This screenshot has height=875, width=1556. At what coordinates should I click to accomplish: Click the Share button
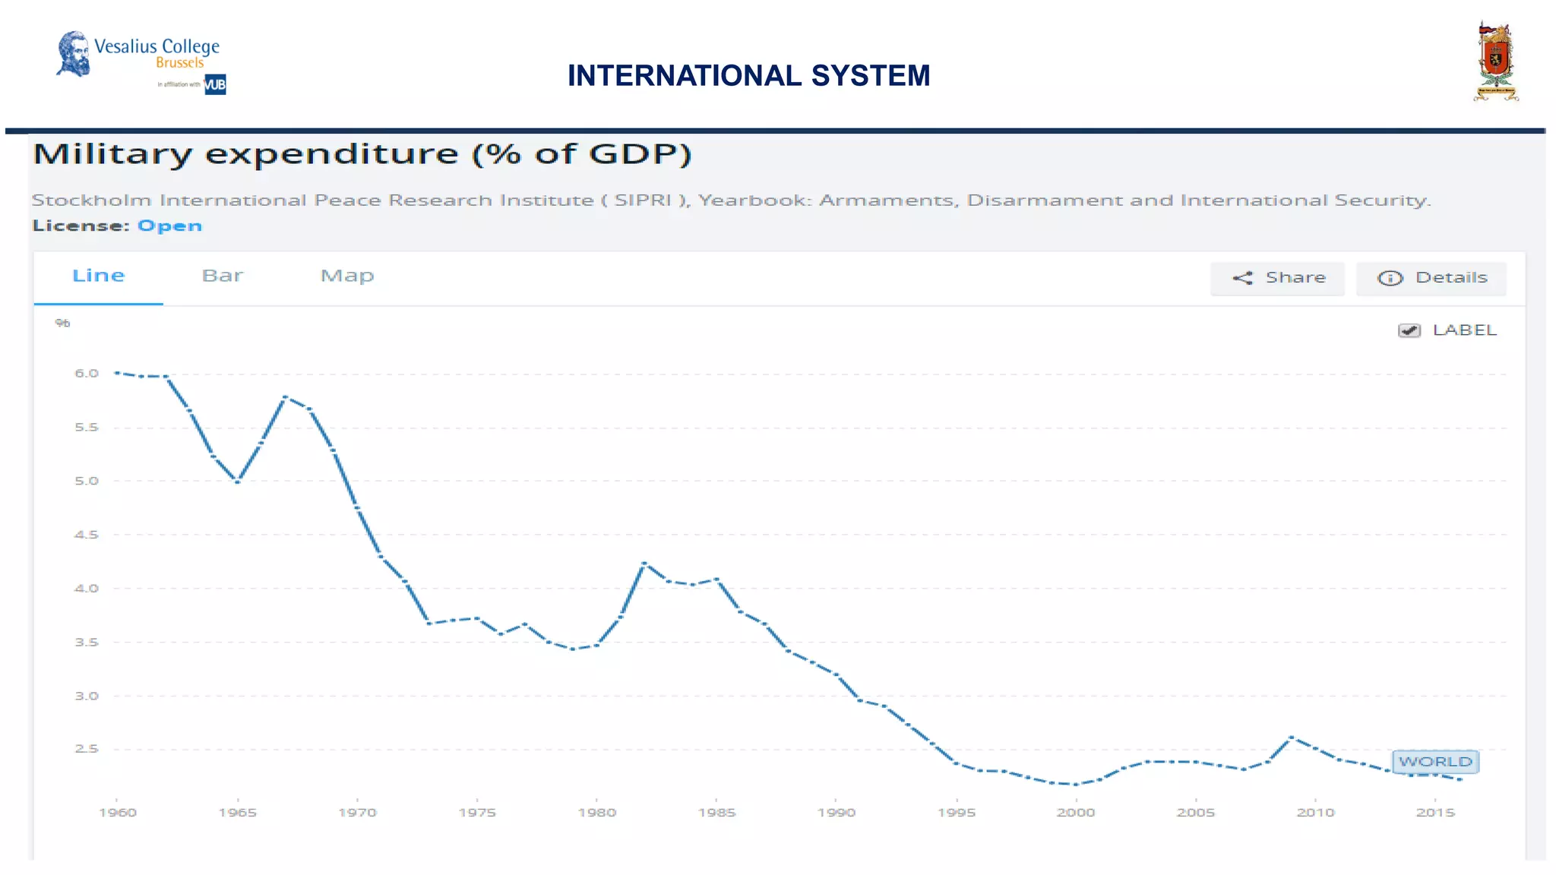click(x=1278, y=278)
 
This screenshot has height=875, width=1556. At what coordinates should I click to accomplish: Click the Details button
click(x=1431, y=278)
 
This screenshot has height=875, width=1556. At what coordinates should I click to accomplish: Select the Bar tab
click(x=222, y=276)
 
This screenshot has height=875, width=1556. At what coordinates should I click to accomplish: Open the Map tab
click(x=347, y=276)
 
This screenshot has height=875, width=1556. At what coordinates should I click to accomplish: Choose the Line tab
click(x=98, y=276)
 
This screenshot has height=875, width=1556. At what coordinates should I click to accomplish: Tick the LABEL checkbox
click(x=1409, y=330)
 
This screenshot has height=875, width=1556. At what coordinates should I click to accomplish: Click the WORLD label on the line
click(x=1435, y=761)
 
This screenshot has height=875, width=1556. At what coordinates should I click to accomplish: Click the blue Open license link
click(x=169, y=226)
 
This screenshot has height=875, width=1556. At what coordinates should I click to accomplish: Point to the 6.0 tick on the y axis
click(x=87, y=373)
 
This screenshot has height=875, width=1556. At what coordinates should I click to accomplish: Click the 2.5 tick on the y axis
click(x=87, y=749)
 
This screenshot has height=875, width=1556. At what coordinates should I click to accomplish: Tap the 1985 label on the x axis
click(x=716, y=813)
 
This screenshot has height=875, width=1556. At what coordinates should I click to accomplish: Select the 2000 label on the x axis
click(x=1076, y=813)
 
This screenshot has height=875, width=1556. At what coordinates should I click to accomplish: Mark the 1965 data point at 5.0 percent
click(x=238, y=482)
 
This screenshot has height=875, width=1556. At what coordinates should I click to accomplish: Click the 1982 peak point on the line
click(x=644, y=563)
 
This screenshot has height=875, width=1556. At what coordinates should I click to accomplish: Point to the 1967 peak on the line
click(x=285, y=397)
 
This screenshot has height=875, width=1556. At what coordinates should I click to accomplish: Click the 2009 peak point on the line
click(x=1292, y=738)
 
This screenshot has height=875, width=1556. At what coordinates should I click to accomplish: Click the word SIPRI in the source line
click(x=643, y=201)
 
